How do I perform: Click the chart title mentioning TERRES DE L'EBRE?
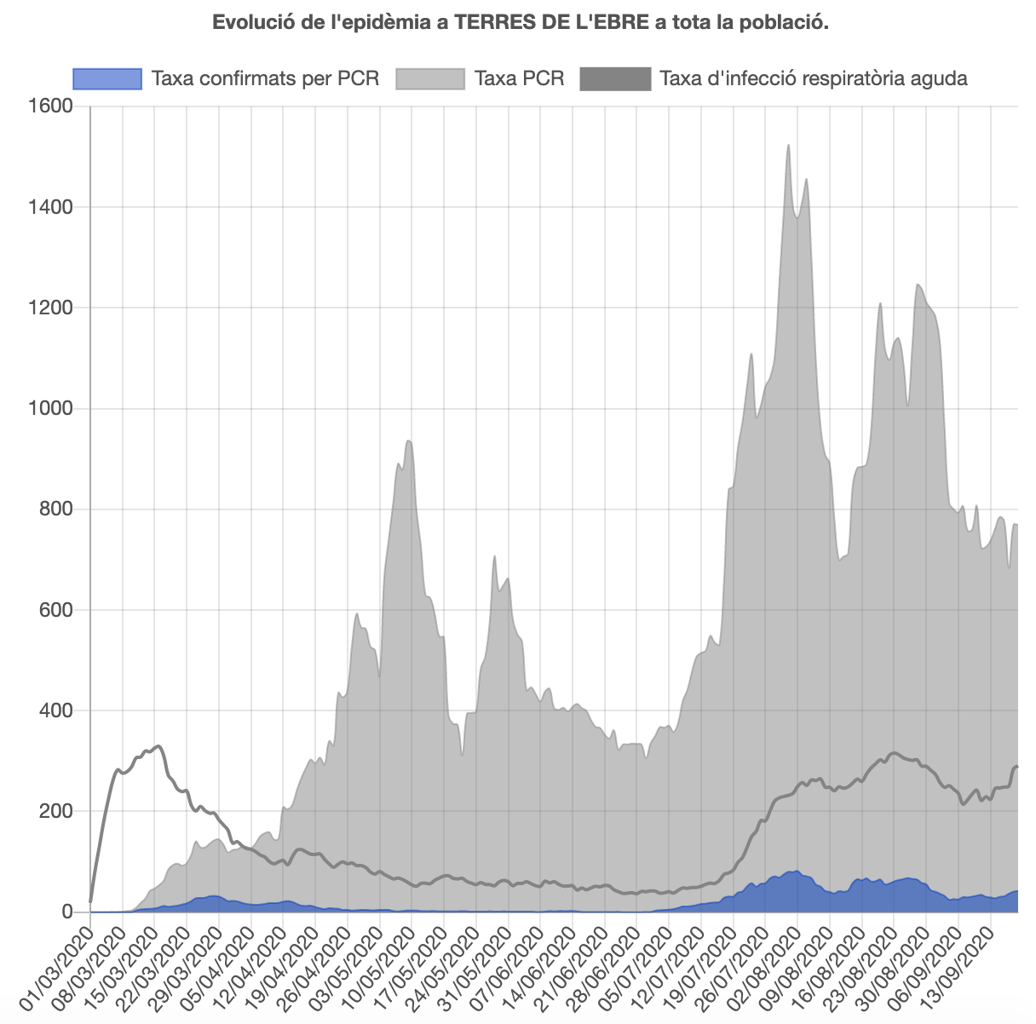(520, 22)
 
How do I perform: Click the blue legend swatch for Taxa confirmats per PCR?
(106, 79)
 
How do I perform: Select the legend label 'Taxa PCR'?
(519, 79)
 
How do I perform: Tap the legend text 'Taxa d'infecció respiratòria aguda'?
(814, 79)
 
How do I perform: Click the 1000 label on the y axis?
(52, 409)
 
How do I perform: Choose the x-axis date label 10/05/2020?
(379, 961)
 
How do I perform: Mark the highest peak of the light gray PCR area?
(788, 146)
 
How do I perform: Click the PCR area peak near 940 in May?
(409, 440)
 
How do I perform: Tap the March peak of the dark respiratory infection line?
(158, 746)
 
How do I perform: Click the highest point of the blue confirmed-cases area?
(797, 871)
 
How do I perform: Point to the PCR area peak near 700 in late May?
(494, 556)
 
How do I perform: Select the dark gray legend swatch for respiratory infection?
(615, 79)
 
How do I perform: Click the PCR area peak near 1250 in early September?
(918, 285)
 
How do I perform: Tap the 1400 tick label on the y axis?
(52, 207)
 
